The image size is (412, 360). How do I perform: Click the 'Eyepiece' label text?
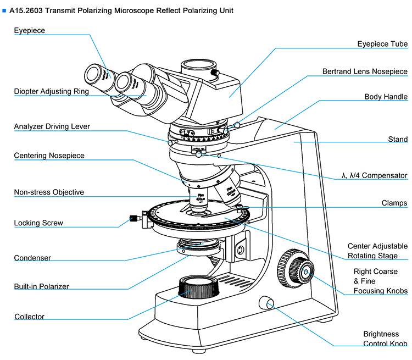pos(30,31)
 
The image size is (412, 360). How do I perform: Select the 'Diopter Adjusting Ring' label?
pos(51,92)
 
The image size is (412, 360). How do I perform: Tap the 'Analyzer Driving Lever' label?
pos(52,126)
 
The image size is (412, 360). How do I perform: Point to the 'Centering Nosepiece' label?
pos(49,156)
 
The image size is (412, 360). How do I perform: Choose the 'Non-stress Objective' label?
pos(49,192)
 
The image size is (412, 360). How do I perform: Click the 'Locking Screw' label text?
pos(38,223)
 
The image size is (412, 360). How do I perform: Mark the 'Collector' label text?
pos(30,317)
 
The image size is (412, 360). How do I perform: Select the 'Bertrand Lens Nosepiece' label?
pos(365,71)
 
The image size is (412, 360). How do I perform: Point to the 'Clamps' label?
pos(394,203)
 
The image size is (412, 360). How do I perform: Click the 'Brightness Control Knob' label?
pos(385,339)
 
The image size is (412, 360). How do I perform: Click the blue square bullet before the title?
pos(4,10)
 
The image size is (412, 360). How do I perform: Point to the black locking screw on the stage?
pos(132,218)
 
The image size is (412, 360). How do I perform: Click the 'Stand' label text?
pos(398,140)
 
